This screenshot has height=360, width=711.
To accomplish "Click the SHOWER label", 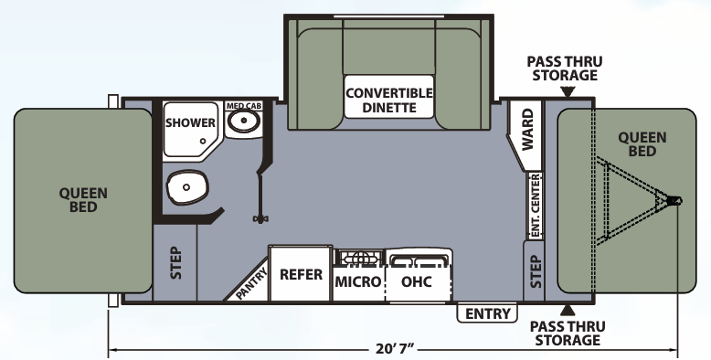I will pyautogui.click(x=191, y=122).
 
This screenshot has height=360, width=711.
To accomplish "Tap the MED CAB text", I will pyautogui.click(x=242, y=105).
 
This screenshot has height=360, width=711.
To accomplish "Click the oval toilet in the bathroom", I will pyautogui.click(x=186, y=188).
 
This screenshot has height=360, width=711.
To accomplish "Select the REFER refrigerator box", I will pyautogui.click(x=301, y=274).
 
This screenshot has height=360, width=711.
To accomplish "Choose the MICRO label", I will pyautogui.click(x=357, y=281).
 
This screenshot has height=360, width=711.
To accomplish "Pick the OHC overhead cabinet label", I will pyautogui.click(x=417, y=281).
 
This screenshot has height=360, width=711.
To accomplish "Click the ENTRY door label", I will pyautogui.click(x=488, y=314).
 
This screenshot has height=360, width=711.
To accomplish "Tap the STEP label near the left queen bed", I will pyautogui.click(x=176, y=263).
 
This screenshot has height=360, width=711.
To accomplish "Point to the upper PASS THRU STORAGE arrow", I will pyautogui.click(x=568, y=92).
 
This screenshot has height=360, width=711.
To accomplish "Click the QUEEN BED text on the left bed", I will pyautogui.click(x=83, y=199).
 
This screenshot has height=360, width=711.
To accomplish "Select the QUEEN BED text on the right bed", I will pyautogui.click(x=642, y=143).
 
